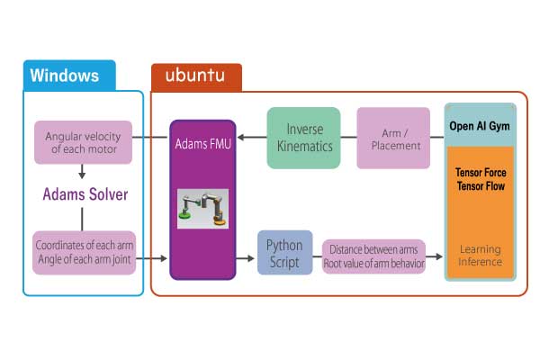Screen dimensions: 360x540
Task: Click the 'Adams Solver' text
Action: [x=84, y=194]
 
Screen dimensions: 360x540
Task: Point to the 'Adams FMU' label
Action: [x=202, y=142]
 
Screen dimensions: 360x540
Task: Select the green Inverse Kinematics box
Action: [x=303, y=138]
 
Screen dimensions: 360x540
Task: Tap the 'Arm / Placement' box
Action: [x=393, y=138]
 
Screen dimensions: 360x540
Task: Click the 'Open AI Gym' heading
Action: [x=480, y=126]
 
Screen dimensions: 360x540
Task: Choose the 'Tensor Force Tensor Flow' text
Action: [x=480, y=180]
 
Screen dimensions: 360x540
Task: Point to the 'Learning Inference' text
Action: [x=480, y=256]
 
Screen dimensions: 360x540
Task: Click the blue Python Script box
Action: [x=285, y=253]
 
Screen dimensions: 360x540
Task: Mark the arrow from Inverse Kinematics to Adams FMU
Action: [x=251, y=139]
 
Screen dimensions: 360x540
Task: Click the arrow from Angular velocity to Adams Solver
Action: [x=83, y=173]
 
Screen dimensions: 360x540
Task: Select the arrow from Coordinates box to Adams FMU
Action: [x=153, y=259]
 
